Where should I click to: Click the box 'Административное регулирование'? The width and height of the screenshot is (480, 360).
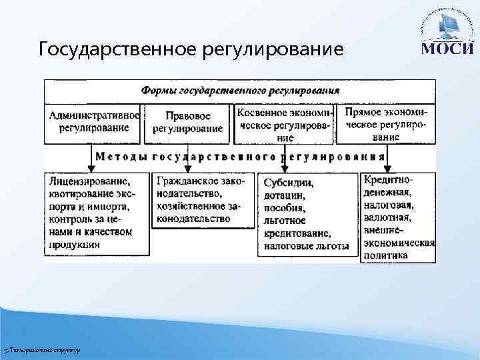click(x=93, y=123)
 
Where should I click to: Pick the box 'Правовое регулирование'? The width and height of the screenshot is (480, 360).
click(x=187, y=123)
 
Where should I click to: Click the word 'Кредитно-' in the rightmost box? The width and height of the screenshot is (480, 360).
click(x=389, y=180)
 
